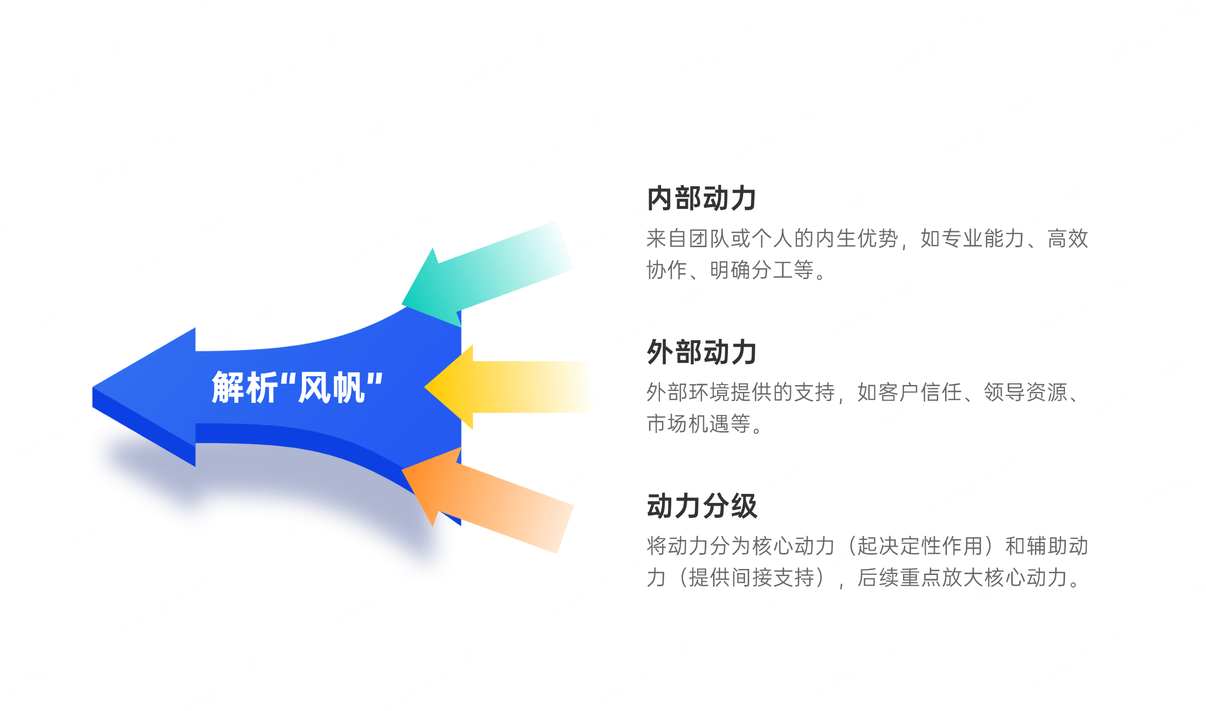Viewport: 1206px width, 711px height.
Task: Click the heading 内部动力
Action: tap(701, 198)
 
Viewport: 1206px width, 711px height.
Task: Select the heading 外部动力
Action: tap(701, 352)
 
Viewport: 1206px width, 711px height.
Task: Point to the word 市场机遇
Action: tap(688, 424)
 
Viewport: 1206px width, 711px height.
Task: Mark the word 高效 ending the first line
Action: tap(1068, 238)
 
